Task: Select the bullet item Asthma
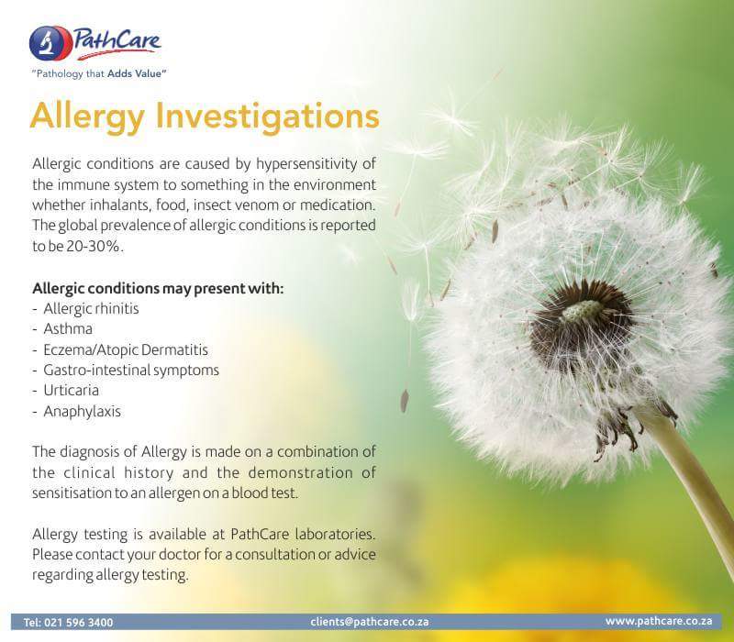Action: pos(68,327)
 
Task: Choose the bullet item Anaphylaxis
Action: pos(82,412)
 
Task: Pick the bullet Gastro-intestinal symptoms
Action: pos(131,371)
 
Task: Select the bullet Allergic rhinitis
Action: pos(91,307)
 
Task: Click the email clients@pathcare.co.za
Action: pos(370,621)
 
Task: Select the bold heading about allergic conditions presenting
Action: pos(158,287)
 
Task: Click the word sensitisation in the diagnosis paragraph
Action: pos(74,493)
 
